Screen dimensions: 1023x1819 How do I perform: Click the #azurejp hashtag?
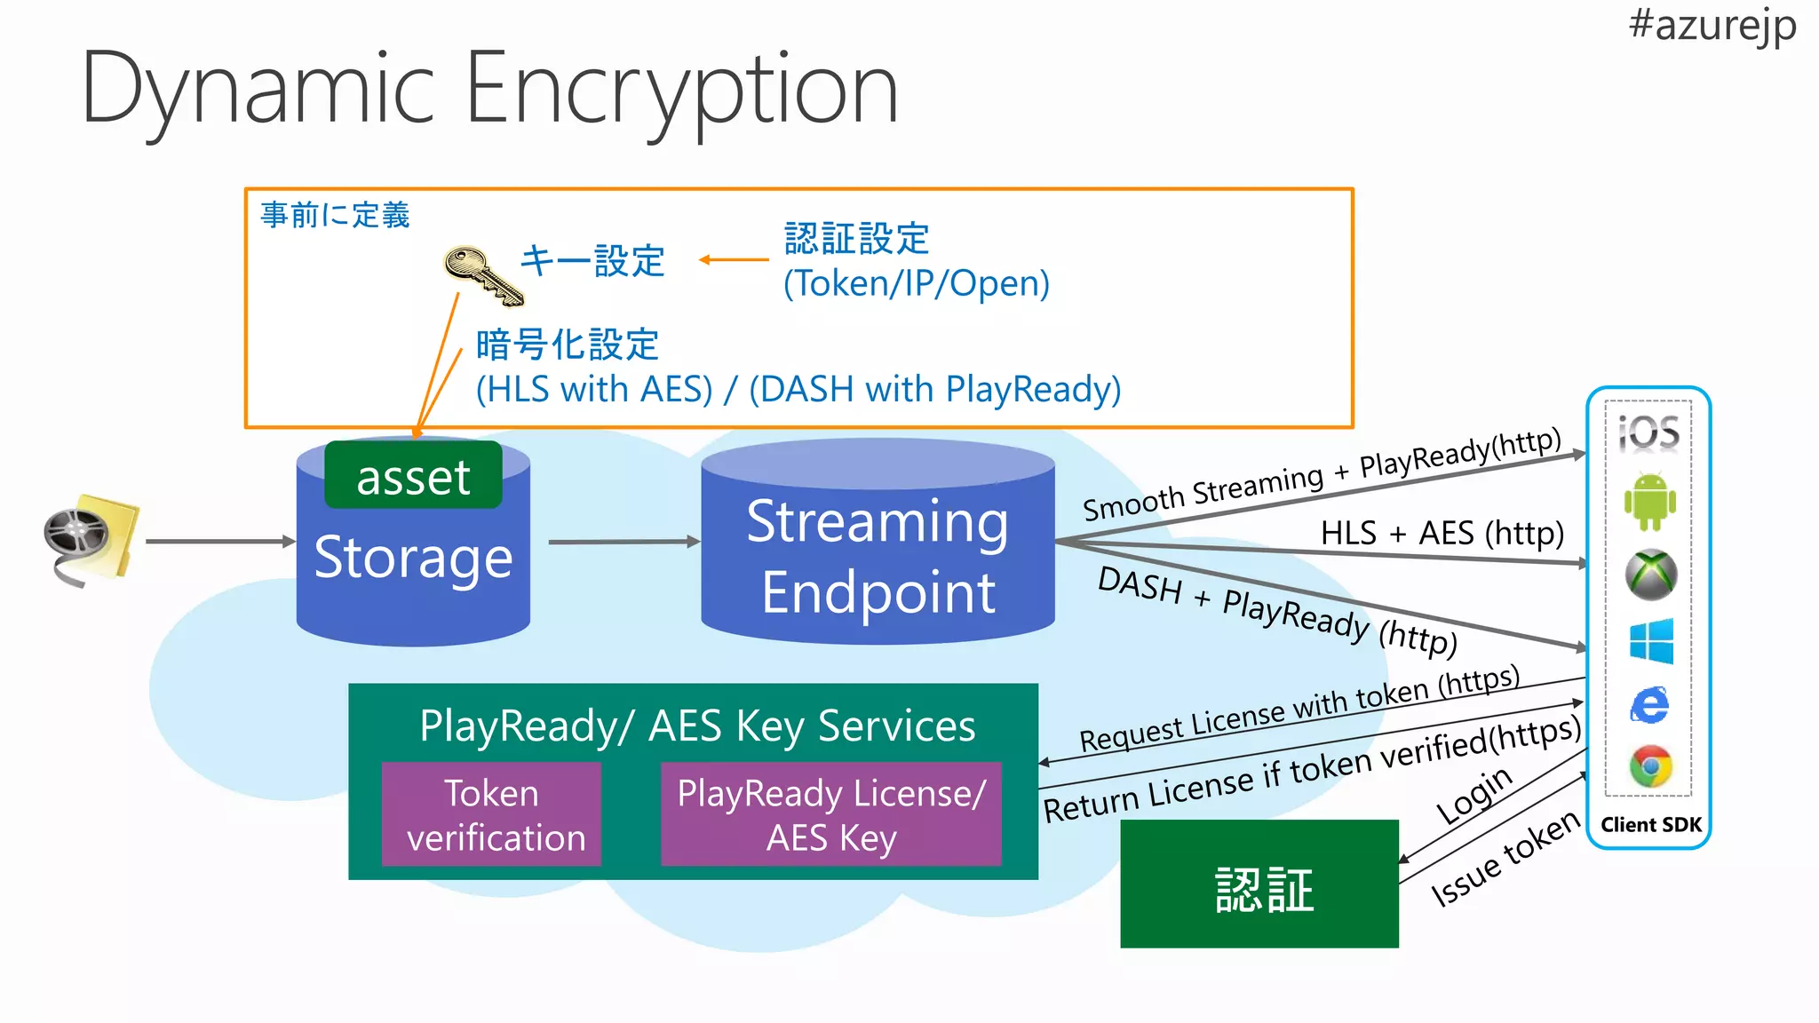[x=1712, y=24]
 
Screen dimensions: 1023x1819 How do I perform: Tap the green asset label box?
[x=413, y=476]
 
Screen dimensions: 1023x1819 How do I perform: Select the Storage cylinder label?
[x=413, y=558]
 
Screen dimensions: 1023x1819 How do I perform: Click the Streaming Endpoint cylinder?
[x=878, y=555]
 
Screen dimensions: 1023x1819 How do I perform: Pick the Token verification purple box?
[x=492, y=814]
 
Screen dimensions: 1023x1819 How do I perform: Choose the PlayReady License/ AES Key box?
[x=831, y=814]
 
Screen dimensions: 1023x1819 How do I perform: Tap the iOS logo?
[x=1648, y=432]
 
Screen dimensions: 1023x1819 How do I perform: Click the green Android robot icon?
[x=1649, y=502]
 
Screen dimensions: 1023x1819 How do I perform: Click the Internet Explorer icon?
[x=1650, y=705]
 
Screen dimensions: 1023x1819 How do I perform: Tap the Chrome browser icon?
[x=1650, y=766]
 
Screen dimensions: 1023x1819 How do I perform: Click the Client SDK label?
[x=1650, y=825]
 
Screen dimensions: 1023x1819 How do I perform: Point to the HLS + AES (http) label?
[x=1441, y=533]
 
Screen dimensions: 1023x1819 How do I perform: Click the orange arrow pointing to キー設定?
[x=733, y=260]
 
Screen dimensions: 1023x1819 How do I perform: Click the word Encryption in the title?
[x=681, y=89]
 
